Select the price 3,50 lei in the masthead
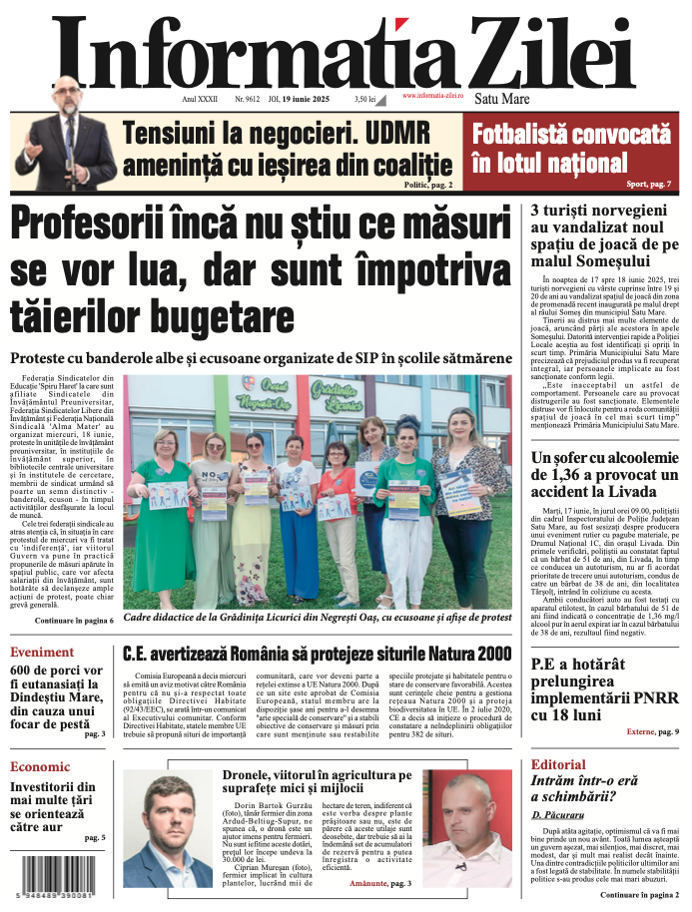coord(364,100)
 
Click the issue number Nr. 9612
coord(247,100)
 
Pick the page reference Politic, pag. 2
coord(427,185)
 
